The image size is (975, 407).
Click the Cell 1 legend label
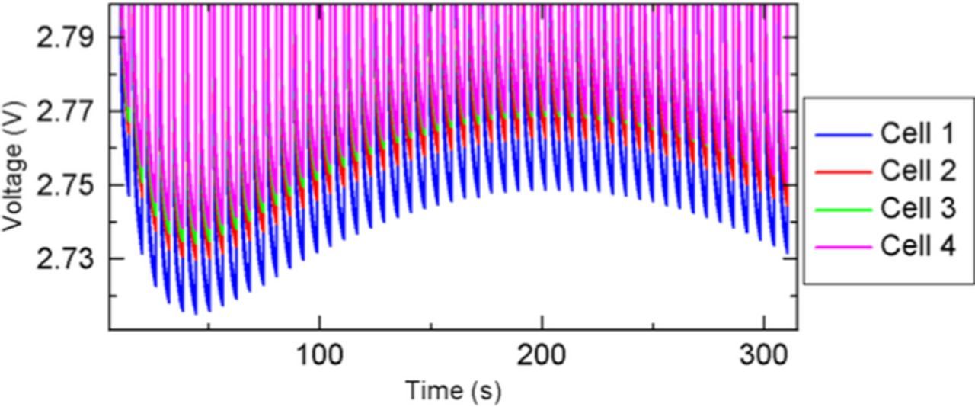[x=917, y=134]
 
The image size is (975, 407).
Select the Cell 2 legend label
[x=917, y=171]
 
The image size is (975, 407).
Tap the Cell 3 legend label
[x=917, y=209]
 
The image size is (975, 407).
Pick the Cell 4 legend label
[x=917, y=246]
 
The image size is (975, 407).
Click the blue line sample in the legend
[x=842, y=135]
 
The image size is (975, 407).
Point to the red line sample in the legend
[x=842, y=172]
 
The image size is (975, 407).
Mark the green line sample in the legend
[x=842, y=210]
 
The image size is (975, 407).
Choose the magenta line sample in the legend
[x=842, y=247]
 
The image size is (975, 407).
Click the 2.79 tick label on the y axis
[x=66, y=37]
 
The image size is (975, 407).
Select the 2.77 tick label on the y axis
[x=66, y=111]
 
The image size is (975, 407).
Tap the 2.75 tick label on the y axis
[x=66, y=185]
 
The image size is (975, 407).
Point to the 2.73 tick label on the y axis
[x=66, y=259]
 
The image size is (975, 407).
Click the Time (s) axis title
[x=452, y=390]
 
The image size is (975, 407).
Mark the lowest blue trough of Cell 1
[x=196, y=313]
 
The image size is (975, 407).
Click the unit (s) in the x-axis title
[x=485, y=391]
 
